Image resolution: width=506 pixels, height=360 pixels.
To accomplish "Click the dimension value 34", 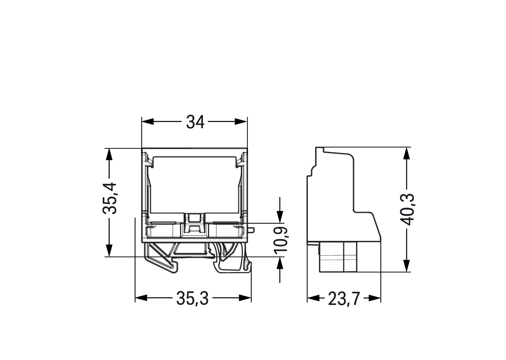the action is coord(195,122).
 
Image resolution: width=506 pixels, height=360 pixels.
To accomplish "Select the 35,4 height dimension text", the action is coord(110,198).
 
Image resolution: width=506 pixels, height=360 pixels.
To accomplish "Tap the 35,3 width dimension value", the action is coord(192,299).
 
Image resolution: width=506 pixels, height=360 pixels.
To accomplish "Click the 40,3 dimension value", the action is coord(407,210).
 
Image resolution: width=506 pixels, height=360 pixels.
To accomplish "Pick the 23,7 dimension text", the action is coord(344,299).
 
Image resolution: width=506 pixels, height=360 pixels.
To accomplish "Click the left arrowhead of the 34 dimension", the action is coord(148,122).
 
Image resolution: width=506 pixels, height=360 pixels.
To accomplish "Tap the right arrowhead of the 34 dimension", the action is coord(241,122).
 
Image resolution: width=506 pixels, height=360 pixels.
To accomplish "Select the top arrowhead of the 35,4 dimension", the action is coord(109,155).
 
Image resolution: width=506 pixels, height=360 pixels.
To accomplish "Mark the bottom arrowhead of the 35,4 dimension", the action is coord(109,250).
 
